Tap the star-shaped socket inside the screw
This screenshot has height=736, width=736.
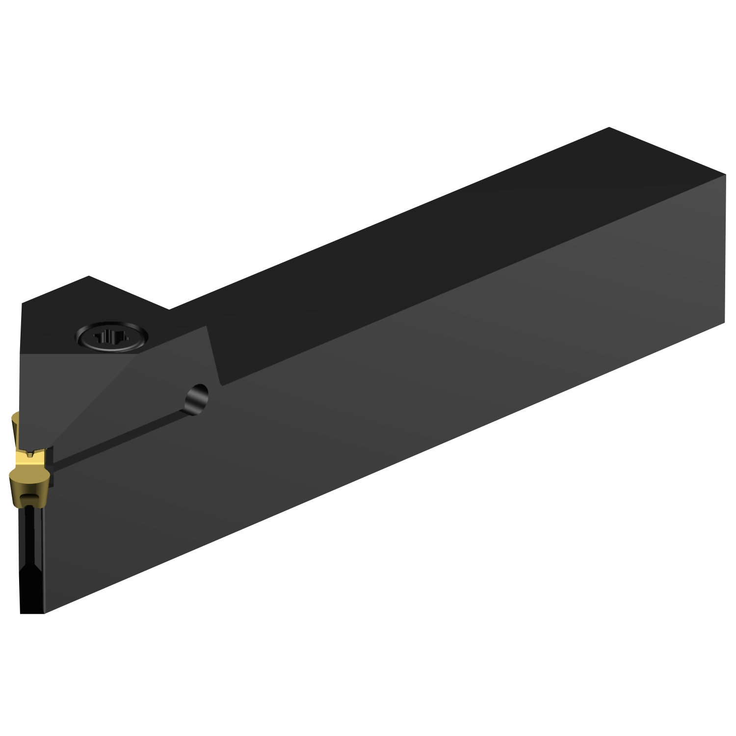pyautogui.click(x=112, y=337)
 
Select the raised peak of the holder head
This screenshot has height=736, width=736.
pyautogui.click(x=89, y=277)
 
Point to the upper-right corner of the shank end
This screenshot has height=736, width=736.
pyautogui.click(x=725, y=174)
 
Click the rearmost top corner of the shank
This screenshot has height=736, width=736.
pyautogui.click(x=609, y=128)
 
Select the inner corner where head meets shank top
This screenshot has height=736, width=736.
pyautogui.click(x=169, y=310)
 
